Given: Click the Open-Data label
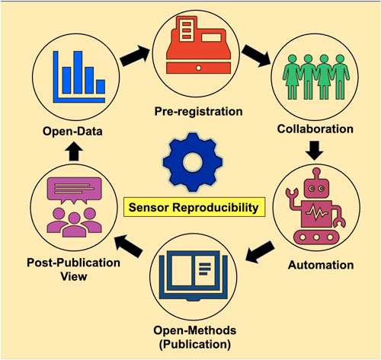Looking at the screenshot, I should (52, 130).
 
